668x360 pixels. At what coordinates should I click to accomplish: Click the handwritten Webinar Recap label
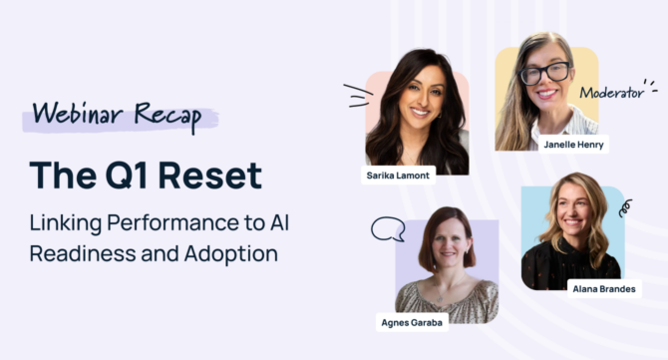(x=117, y=114)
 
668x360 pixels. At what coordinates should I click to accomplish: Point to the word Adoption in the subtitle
(x=230, y=253)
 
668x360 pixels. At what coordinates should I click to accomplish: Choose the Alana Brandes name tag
(x=603, y=288)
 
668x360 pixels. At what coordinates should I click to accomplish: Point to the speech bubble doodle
(x=387, y=229)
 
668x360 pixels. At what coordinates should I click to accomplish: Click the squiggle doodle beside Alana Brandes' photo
(x=625, y=208)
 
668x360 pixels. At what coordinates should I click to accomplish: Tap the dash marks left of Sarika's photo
(x=355, y=96)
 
